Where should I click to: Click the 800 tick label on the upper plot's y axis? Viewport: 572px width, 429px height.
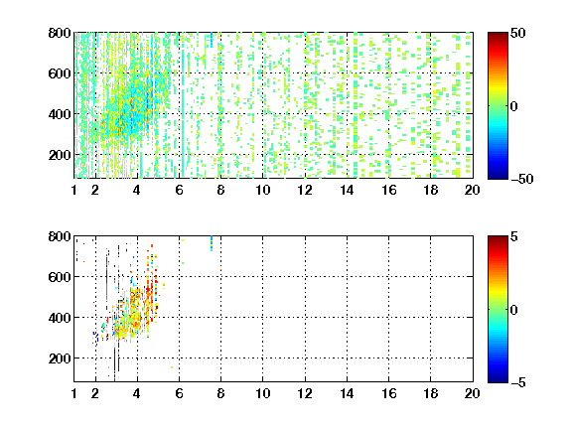click(60, 33)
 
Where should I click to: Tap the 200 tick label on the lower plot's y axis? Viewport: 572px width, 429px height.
click(60, 358)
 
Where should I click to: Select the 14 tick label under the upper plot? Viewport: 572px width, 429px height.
click(347, 190)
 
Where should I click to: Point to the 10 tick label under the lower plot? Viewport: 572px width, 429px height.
click(262, 393)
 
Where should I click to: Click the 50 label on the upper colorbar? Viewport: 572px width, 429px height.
click(518, 33)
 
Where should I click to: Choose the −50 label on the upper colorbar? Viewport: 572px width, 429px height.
click(521, 179)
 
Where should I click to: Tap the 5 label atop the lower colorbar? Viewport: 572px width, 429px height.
click(514, 236)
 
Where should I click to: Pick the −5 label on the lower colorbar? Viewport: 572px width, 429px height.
click(518, 382)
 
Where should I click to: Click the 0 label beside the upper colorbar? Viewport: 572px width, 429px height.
click(514, 106)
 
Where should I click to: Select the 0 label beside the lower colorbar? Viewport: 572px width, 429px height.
click(514, 310)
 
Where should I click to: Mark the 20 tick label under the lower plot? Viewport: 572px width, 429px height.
click(472, 393)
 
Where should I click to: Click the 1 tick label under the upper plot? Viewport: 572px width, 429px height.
click(74, 190)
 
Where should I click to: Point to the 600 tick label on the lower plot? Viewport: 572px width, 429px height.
click(60, 277)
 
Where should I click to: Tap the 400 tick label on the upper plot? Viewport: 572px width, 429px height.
click(60, 114)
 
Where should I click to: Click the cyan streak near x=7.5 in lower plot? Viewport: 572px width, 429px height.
click(212, 243)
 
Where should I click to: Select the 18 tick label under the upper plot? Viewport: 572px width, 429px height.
click(430, 190)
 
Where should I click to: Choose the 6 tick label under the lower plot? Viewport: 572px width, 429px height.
click(179, 393)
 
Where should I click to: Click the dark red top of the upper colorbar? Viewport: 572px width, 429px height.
click(498, 36)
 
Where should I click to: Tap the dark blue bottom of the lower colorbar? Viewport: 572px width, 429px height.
click(498, 378)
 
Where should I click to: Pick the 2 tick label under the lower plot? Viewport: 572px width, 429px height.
click(95, 393)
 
